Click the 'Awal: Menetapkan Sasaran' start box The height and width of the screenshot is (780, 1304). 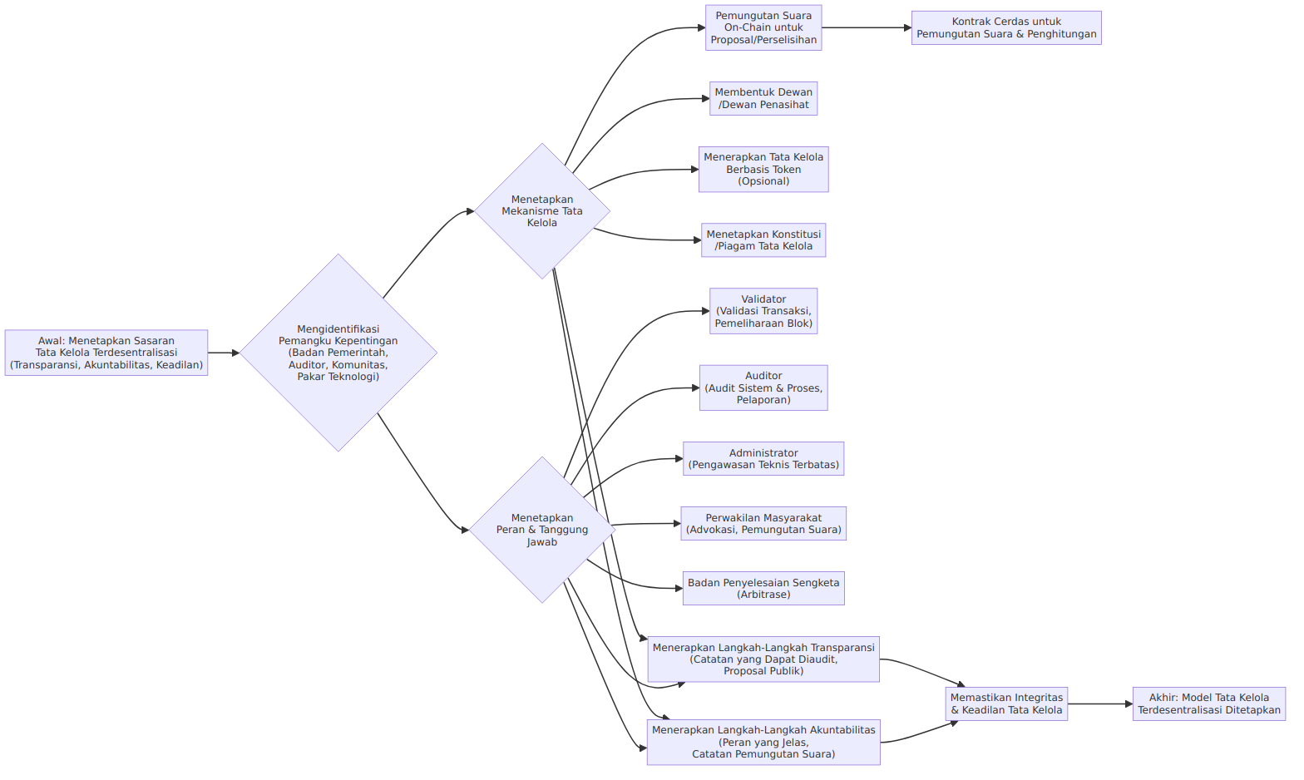pyautogui.click(x=106, y=353)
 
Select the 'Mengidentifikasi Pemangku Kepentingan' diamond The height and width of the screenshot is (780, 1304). pyautogui.click(x=338, y=353)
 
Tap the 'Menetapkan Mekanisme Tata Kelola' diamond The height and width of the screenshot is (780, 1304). pyautogui.click(x=542, y=210)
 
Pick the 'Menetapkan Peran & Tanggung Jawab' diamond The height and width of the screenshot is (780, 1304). pyautogui.click(x=542, y=530)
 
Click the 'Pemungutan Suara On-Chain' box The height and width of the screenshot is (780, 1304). pyautogui.click(x=763, y=28)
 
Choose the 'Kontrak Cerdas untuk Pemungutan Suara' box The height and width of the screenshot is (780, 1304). pyautogui.click(x=1006, y=28)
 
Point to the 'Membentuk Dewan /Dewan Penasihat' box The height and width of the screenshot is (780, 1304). pyautogui.click(x=763, y=98)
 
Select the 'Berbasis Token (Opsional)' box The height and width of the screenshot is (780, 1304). pyautogui.click(x=763, y=170)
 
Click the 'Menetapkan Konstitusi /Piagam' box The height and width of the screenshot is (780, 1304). pyautogui.click(x=763, y=239)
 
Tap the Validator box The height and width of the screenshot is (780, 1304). pyautogui.click(x=763, y=311)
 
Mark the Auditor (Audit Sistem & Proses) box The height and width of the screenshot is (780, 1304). pyautogui.click(x=763, y=388)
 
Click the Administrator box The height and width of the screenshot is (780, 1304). pyautogui.click(x=763, y=459)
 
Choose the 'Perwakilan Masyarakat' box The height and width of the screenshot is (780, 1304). pyautogui.click(x=763, y=523)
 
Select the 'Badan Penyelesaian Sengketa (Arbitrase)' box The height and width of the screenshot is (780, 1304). pyautogui.click(x=763, y=588)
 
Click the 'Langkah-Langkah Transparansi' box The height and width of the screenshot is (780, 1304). pyautogui.click(x=763, y=659)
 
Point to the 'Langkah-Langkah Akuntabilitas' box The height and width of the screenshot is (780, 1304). pyautogui.click(x=763, y=742)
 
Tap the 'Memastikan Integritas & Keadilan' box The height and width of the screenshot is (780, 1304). pyautogui.click(x=1006, y=703)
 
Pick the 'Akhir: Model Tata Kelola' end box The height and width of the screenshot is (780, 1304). pyautogui.click(x=1209, y=703)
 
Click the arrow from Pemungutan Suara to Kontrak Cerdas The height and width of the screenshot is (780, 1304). pyautogui.click(x=867, y=28)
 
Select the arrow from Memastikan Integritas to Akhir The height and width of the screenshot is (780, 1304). pyautogui.click(x=1100, y=703)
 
